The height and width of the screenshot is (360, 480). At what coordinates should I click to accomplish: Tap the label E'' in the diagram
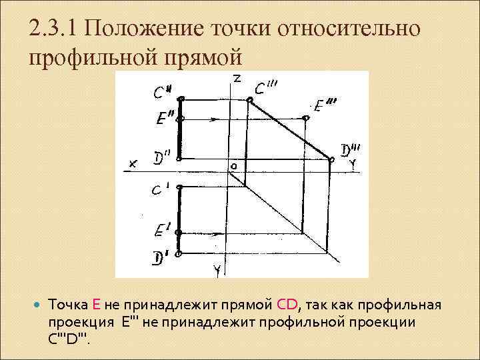163,119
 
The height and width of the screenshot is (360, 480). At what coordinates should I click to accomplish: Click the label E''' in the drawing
325,106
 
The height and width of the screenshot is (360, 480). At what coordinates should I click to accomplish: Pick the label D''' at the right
350,151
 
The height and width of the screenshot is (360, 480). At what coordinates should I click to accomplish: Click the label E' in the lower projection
161,232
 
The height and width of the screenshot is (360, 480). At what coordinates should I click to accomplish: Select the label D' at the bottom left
160,257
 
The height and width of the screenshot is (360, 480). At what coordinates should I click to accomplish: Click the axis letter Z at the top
237,78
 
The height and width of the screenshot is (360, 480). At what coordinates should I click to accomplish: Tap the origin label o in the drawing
233,164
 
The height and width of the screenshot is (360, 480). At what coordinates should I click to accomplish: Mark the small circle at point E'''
306,119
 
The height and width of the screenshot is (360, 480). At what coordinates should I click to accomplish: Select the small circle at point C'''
249,101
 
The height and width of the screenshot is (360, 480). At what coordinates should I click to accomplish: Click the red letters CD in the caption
287,306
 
